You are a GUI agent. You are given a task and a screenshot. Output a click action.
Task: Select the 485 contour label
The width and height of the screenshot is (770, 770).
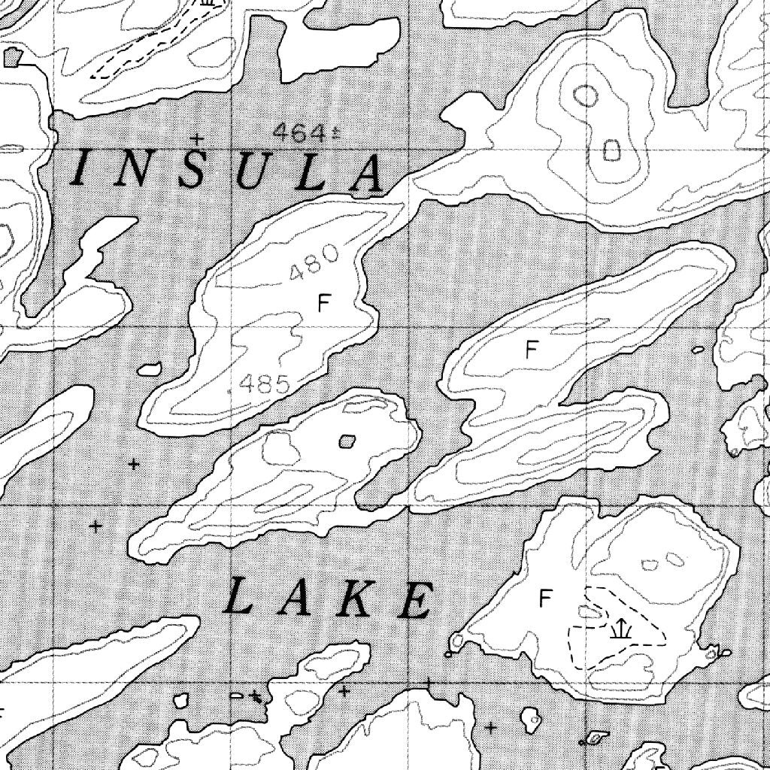(x=264, y=385)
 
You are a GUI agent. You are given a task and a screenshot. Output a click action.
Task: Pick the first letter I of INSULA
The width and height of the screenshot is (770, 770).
(x=81, y=168)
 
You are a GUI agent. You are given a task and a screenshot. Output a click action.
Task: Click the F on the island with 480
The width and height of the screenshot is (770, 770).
(x=324, y=303)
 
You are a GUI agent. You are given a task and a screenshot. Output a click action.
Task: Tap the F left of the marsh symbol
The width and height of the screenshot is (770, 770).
(x=546, y=599)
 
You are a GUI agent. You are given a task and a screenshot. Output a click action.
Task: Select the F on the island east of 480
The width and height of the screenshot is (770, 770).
(x=532, y=350)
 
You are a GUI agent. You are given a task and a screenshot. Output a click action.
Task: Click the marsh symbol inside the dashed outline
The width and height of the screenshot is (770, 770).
(x=619, y=629)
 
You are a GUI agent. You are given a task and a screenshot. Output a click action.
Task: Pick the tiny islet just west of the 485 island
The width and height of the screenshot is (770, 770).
(x=149, y=369)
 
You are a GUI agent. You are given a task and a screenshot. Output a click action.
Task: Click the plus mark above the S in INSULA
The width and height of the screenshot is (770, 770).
(x=197, y=138)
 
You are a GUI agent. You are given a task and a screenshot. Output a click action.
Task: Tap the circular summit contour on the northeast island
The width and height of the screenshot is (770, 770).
(x=586, y=95)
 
